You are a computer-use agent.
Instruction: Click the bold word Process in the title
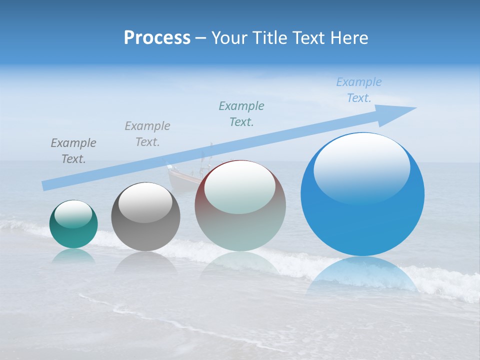click(157, 38)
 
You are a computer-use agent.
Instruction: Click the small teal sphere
click(73, 224)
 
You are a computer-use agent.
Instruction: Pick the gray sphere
click(145, 216)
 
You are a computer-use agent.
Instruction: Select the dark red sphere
click(240, 205)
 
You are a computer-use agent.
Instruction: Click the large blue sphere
click(362, 194)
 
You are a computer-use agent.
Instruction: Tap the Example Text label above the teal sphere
click(73, 151)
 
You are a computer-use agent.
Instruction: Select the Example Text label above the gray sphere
click(147, 134)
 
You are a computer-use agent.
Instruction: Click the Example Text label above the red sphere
click(241, 114)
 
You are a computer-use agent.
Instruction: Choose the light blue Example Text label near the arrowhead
click(359, 90)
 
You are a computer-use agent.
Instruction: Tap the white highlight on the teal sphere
click(73, 213)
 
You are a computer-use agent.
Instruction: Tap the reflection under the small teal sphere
click(73, 256)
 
